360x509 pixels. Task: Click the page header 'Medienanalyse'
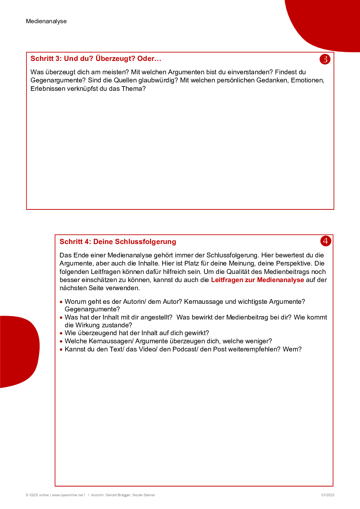[46, 21]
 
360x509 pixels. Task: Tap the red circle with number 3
[325, 59]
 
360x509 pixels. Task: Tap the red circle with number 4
[325, 241]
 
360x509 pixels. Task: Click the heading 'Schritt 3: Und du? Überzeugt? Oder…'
[96, 59]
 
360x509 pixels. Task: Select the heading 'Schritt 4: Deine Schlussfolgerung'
[118, 242]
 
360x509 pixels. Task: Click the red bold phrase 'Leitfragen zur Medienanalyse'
[257, 280]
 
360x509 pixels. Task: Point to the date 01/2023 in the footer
[327, 495]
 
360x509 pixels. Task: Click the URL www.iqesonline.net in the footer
[67, 495]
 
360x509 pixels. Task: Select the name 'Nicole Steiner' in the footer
[144, 495]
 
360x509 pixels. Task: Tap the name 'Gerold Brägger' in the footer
[118, 495]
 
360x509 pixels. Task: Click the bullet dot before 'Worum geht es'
[61, 302]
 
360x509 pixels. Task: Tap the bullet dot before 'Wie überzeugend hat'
[61, 333]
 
